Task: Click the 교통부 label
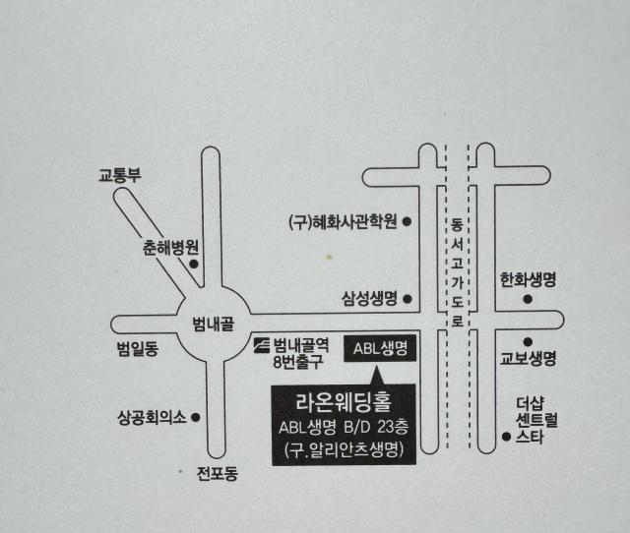coord(120,175)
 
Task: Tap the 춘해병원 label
coord(170,248)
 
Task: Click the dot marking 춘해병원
coord(194,265)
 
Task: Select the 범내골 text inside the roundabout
coord(213,324)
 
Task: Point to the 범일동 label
coord(138,348)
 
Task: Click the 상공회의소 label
coord(152,417)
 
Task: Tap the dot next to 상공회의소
coord(196,418)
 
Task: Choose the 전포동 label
coord(218,473)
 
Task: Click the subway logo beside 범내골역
coord(262,345)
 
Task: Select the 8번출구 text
coord(298,362)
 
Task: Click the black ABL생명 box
coord(380,348)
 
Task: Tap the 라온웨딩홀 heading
coord(344,402)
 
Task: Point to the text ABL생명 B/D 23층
coord(344,427)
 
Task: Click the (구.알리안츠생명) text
coord(344,449)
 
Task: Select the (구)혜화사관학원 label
coord(344,221)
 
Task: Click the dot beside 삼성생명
coord(408,299)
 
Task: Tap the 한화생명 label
coord(528,279)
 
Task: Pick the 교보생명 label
coord(528,358)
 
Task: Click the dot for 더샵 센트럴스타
coord(507,437)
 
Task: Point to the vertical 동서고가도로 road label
coord(457,272)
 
